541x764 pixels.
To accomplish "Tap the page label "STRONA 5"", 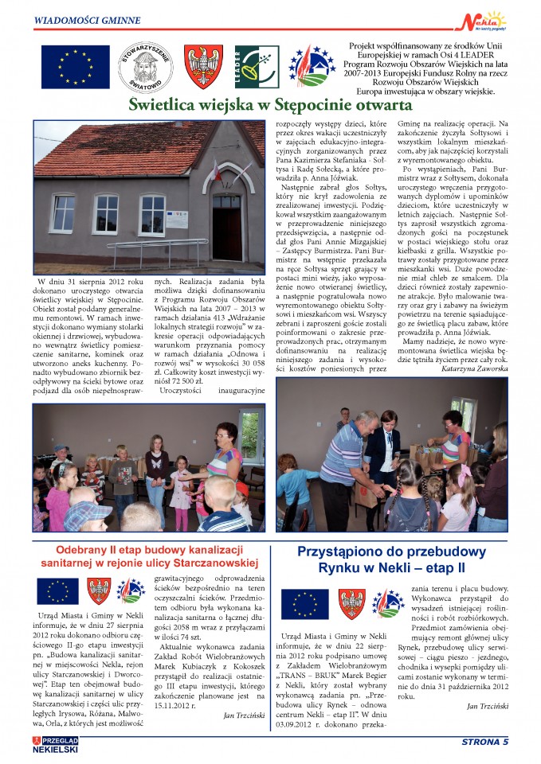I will (484, 742).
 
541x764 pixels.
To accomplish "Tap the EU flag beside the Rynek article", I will (304, 602).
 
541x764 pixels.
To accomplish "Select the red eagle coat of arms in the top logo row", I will (203, 66).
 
